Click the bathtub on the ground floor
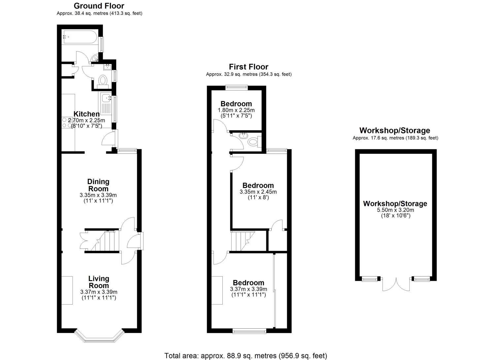[80, 37]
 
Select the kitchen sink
[106, 98]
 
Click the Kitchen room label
[86, 114]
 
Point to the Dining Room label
[98, 185]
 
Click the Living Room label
[99, 282]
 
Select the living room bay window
[100, 337]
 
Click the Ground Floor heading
[99, 6]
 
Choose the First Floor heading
[249, 67]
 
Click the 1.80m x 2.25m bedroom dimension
[236, 110]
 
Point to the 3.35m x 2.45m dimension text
[258, 192]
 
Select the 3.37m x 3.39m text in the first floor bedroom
[248, 289]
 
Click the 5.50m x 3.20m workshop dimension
[395, 210]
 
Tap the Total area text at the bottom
[246, 356]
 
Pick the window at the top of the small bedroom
[237, 87]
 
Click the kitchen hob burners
[65, 122]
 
